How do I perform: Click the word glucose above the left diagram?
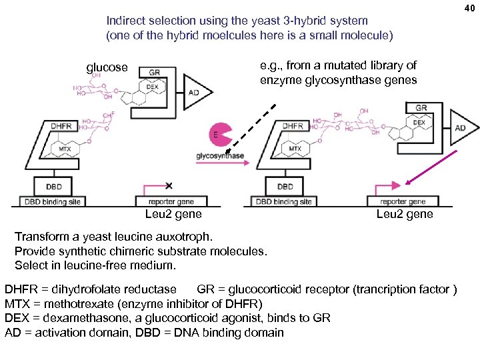point(107,67)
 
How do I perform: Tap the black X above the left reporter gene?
point(169,185)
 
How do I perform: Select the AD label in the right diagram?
point(460,128)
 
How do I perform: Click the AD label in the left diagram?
point(193,93)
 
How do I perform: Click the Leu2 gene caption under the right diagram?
point(404,214)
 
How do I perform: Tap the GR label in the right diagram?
point(421,108)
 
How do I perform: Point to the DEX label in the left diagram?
point(152,87)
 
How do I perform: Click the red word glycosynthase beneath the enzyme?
point(220,156)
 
